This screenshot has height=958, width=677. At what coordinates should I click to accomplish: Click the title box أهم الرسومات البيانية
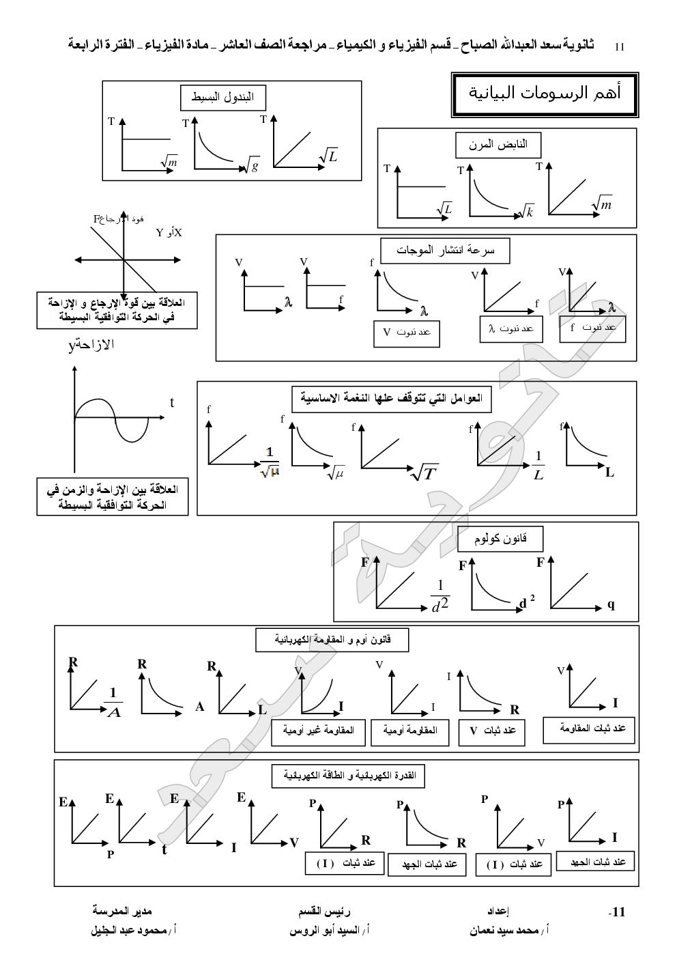tap(544, 94)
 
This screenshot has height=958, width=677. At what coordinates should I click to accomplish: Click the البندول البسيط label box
tap(222, 97)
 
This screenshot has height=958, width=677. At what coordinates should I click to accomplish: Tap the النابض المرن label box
tap(498, 145)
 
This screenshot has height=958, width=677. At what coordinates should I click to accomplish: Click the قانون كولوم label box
tap(501, 539)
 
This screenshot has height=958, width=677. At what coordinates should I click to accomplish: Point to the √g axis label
tap(252, 165)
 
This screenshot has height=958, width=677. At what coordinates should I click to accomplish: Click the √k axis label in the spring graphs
tap(525, 212)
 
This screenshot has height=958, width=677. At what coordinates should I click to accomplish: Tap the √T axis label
tap(424, 473)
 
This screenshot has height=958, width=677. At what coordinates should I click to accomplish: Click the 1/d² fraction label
tap(440, 596)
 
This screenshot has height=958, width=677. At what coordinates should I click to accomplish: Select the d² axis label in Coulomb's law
tap(526, 602)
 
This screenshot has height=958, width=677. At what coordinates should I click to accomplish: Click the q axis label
tap(611, 604)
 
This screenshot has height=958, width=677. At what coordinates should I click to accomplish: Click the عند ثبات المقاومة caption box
tap(588, 729)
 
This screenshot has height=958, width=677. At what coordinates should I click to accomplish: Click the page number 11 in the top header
tap(620, 46)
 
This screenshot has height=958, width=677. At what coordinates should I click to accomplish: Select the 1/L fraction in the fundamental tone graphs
tap(538, 465)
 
